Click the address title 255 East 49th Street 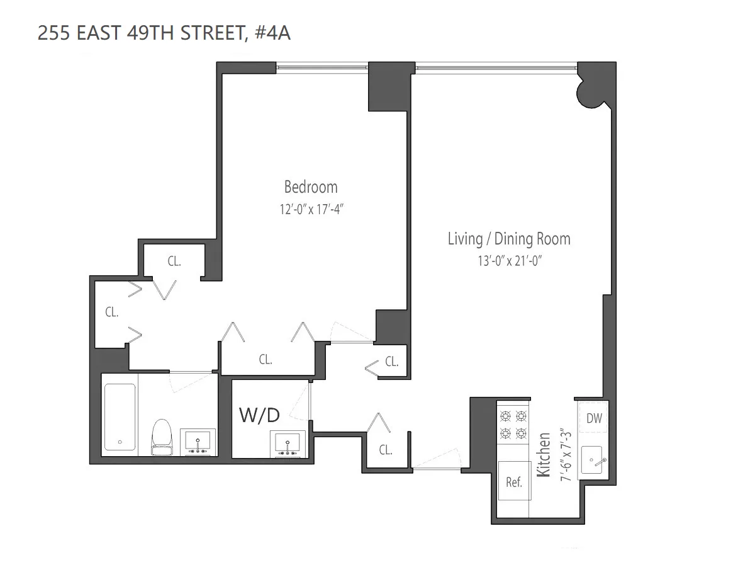coord(164,33)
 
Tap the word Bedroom coord(311,187)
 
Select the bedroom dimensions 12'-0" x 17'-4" coord(311,209)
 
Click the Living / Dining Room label coord(509,239)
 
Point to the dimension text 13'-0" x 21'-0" coord(509,261)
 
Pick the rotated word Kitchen coord(544,455)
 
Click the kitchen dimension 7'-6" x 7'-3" coord(566,455)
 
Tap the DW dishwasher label coord(593,418)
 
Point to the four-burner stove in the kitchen coord(513,425)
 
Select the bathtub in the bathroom coord(120,417)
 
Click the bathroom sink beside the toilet coord(198,441)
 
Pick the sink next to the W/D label coord(288,443)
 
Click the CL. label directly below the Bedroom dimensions coord(266,360)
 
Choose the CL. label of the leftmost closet coord(112,312)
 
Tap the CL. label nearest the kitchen coord(386,450)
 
